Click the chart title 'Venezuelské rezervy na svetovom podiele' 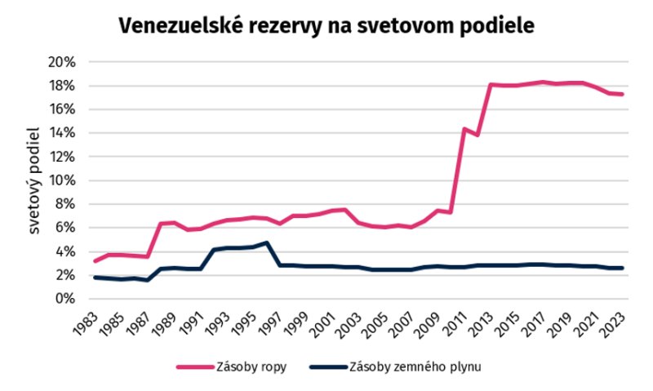click(326, 26)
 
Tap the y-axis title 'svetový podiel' click(33, 180)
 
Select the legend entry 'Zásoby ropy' click(251, 367)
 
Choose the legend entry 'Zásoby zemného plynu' click(415, 367)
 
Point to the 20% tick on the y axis click(62, 63)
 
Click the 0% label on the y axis click(66, 299)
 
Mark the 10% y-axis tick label click(62, 180)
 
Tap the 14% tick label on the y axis click(62, 133)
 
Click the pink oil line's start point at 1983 click(96, 261)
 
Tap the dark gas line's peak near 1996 click(267, 242)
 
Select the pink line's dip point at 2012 click(478, 135)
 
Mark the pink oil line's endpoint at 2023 click(622, 95)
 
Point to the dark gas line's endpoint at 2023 click(622, 269)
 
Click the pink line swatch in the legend click(195, 367)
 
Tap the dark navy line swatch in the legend click(329, 367)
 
